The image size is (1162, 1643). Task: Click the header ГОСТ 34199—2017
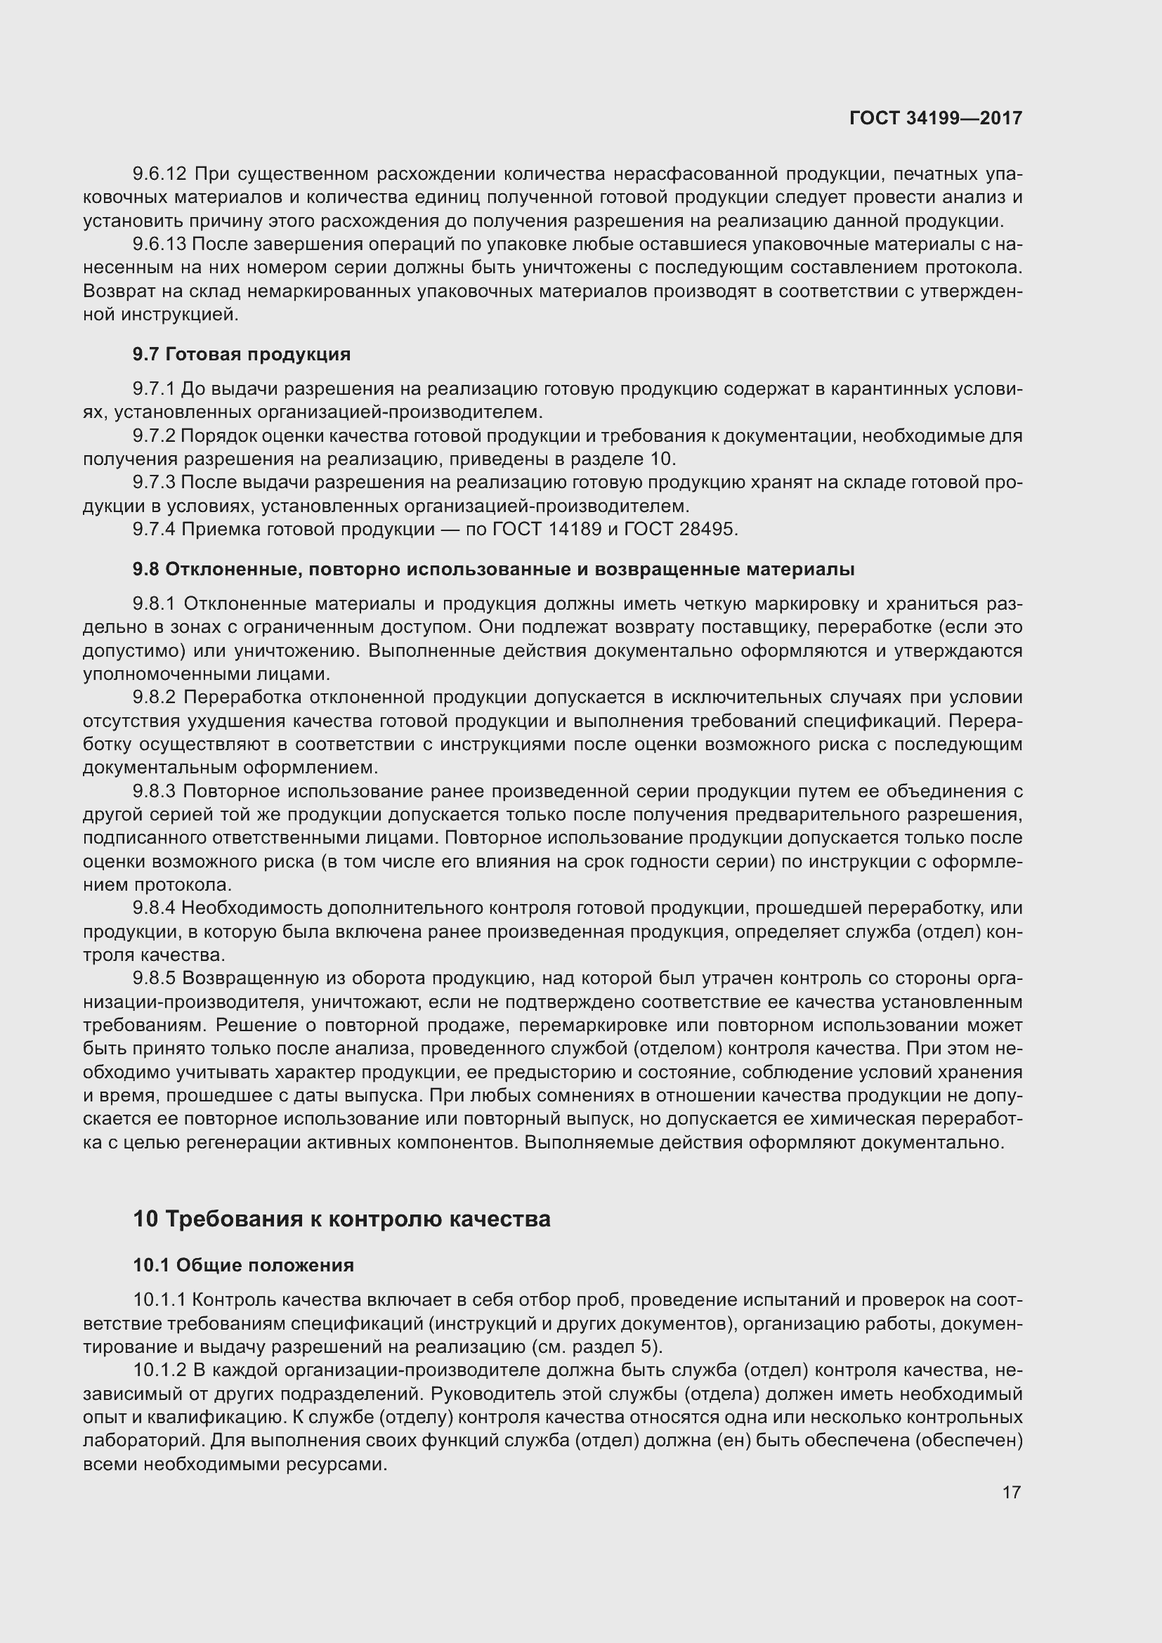pos(935,118)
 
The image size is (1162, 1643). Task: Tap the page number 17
pos(1011,1492)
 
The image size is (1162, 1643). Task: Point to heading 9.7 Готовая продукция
pos(241,354)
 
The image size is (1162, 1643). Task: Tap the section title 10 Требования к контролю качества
pos(341,1219)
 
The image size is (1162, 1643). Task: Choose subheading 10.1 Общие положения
pos(243,1265)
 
